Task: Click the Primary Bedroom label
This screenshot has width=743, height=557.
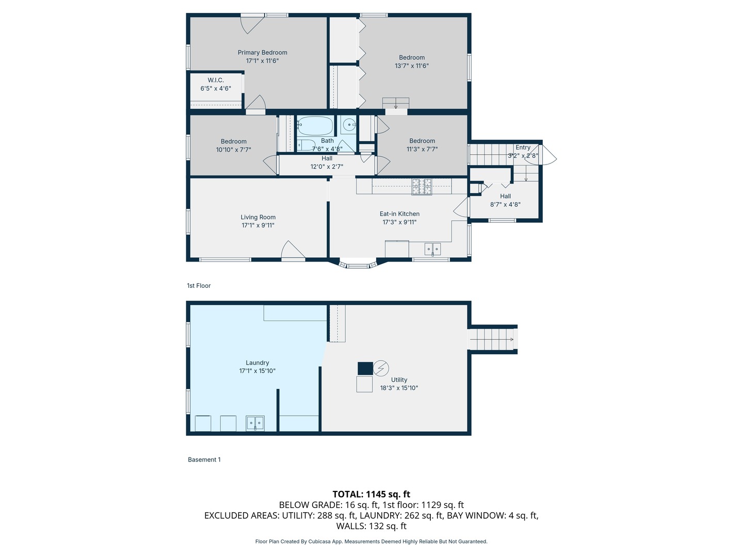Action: coord(262,53)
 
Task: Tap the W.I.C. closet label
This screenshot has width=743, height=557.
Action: coord(216,80)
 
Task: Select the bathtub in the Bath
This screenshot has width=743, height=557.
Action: coord(315,125)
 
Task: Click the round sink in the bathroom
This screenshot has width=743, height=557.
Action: coord(349,125)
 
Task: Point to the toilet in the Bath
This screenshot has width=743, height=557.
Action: coord(306,145)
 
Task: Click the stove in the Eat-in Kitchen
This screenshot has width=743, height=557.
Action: coord(421,187)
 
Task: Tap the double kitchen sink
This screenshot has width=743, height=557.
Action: coord(432,249)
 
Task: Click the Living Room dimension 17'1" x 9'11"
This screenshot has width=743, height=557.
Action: coord(258,225)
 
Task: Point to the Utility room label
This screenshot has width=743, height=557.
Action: coord(399,380)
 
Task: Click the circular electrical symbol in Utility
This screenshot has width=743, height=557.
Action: coord(381,368)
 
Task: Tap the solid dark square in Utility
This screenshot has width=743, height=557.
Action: coord(365,368)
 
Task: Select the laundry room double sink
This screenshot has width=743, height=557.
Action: coord(255,423)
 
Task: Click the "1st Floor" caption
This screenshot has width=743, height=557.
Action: coord(199,286)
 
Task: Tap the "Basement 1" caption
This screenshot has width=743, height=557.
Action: coord(204,460)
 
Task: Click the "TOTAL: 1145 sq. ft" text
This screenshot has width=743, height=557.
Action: coord(371,494)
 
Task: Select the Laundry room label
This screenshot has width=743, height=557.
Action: coord(257,363)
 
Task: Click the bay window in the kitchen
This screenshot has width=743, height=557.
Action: coord(358,265)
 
